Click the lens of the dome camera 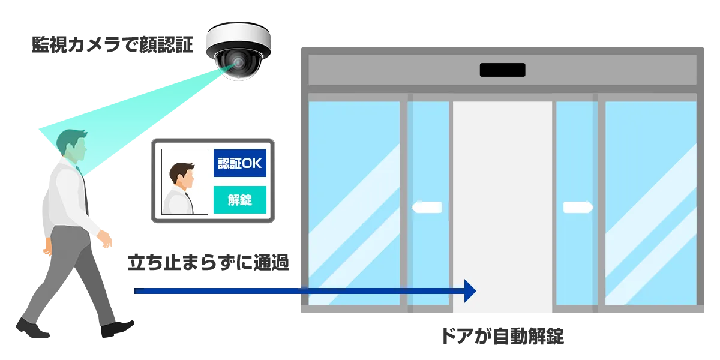pos(239,62)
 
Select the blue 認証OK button pos(239,163)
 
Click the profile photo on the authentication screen pos(184,182)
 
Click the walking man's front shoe pos(116,329)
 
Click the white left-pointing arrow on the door pos(427,208)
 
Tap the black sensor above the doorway pos(502,70)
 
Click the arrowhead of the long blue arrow pos(470,292)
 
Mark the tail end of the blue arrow pos(137,292)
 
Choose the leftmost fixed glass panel pos(354,204)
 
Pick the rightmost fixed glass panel pos(650,204)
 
